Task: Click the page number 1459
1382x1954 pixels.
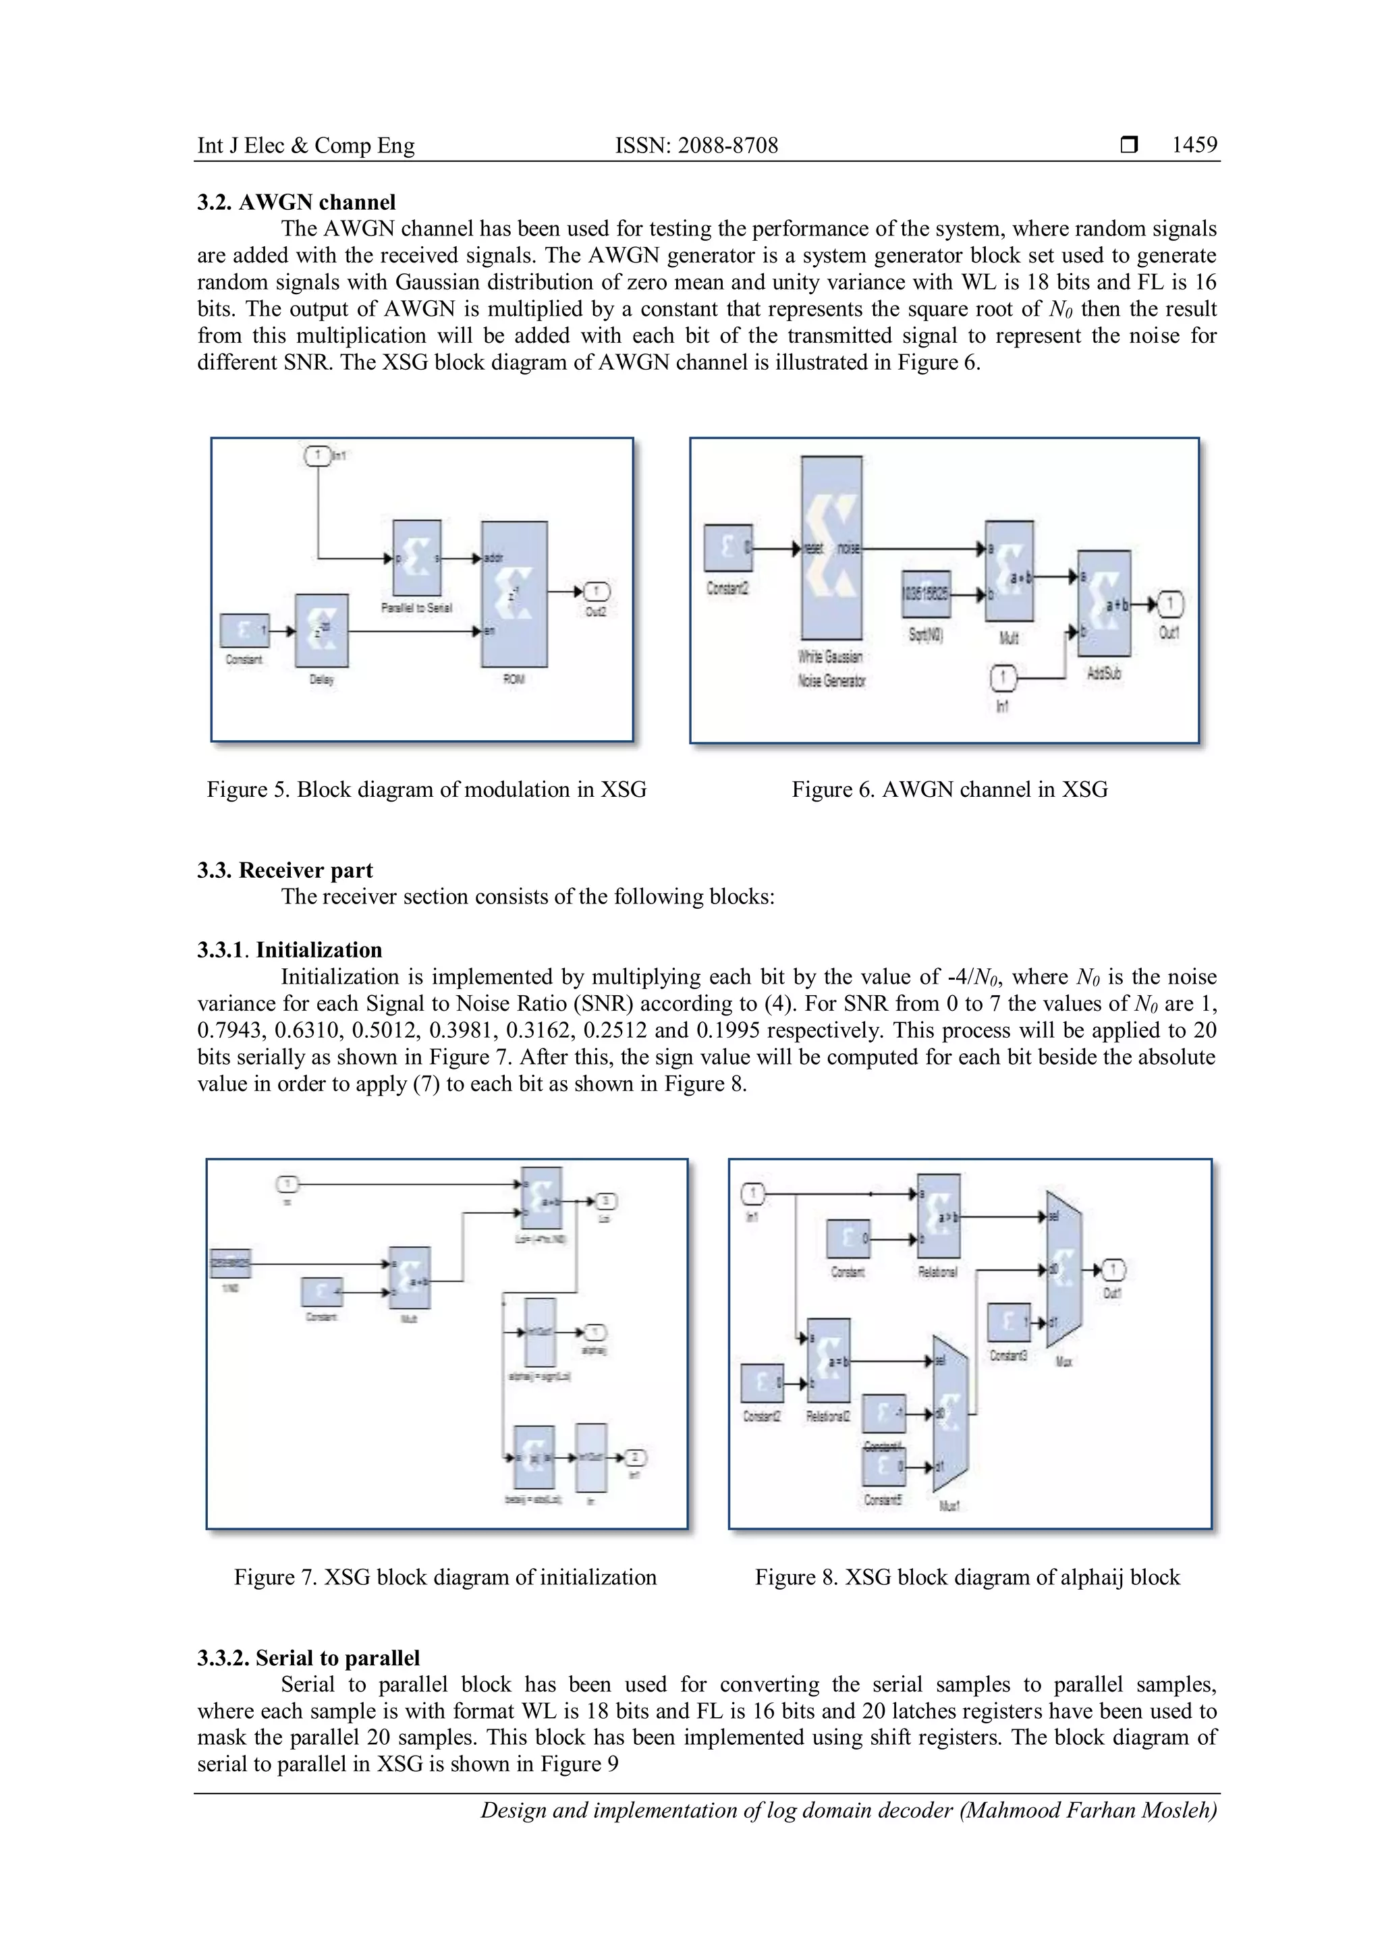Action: coord(1194,146)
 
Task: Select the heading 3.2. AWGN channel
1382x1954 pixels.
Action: coord(296,202)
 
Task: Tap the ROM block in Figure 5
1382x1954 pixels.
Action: coord(514,594)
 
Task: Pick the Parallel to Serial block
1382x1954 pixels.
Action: coord(417,558)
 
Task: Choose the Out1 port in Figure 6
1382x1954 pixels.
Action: coord(1170,605)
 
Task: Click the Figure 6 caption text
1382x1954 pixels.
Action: coord(949,790)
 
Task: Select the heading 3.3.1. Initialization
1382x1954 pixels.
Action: coord(289,950)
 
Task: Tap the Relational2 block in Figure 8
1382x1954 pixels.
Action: coord(828,1361)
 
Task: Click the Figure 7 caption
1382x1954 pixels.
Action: coord(445,1577)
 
